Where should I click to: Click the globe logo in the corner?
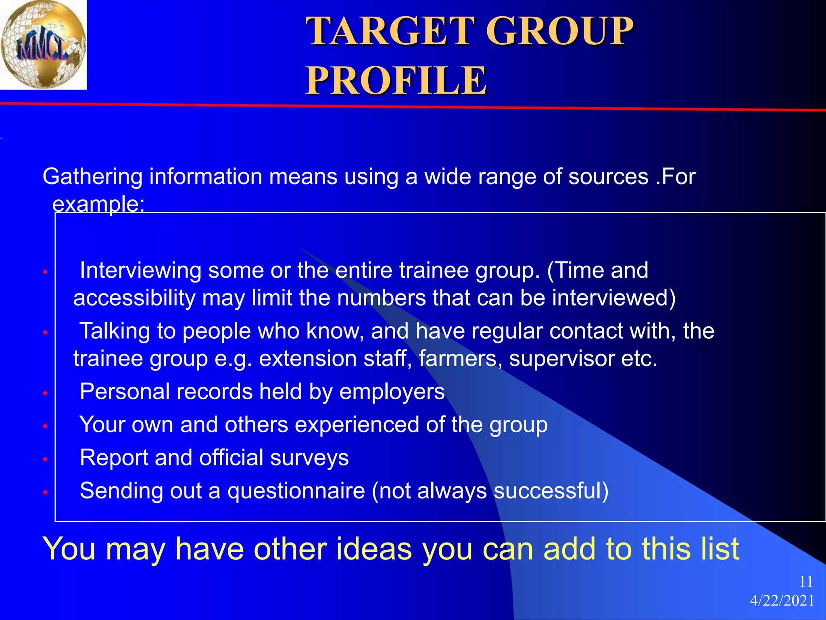43,44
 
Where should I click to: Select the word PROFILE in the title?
396,80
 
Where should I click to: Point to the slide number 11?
806,582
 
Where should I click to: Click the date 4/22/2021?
782,601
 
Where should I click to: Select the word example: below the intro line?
98,204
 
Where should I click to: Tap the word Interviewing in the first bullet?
140,270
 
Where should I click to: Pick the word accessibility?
134,298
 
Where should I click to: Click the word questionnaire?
296,491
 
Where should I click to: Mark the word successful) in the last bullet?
551,491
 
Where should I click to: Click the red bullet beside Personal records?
46,393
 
